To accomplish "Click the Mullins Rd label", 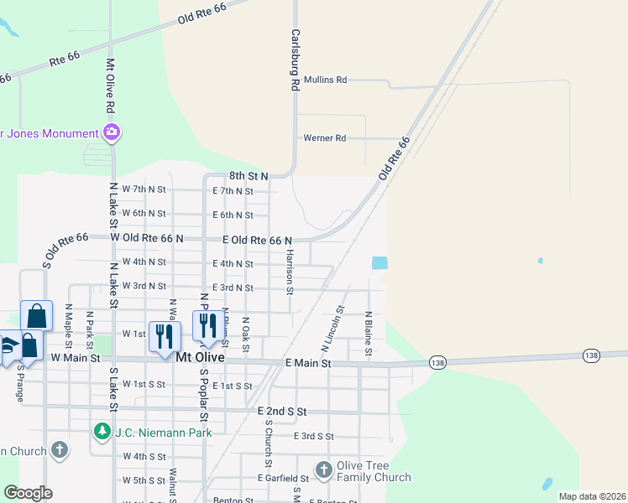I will pos(325,80).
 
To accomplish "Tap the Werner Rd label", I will pos(324,138).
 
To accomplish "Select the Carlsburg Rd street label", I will pos(295,60).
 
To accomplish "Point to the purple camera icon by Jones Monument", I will pos(111,132).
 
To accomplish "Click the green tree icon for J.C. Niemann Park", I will pos(102,431).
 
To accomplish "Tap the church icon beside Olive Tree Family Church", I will pos(324,469).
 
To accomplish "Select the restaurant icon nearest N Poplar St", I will pos(204,325).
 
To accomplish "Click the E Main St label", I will pos(308,364).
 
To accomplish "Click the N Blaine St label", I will pos(368,334).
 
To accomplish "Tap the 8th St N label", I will pos(248,176).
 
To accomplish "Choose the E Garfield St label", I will pos(283,478).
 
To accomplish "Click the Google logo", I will pos(28,492).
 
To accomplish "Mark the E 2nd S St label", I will pos(282,412).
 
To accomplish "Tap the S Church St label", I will pos(269,443).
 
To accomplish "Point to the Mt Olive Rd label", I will pos(109,86).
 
